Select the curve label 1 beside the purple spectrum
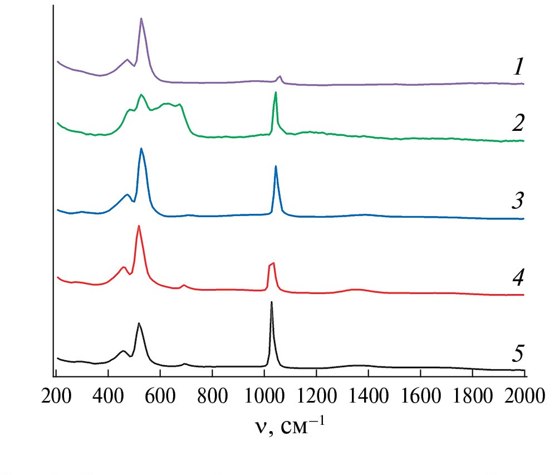[x=518, y=68]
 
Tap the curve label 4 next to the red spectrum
[x=518, y=276]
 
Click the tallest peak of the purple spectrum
[x=141, y=18]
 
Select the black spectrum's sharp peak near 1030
[x=272, y=302]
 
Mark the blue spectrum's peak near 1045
[x=276, y=166]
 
